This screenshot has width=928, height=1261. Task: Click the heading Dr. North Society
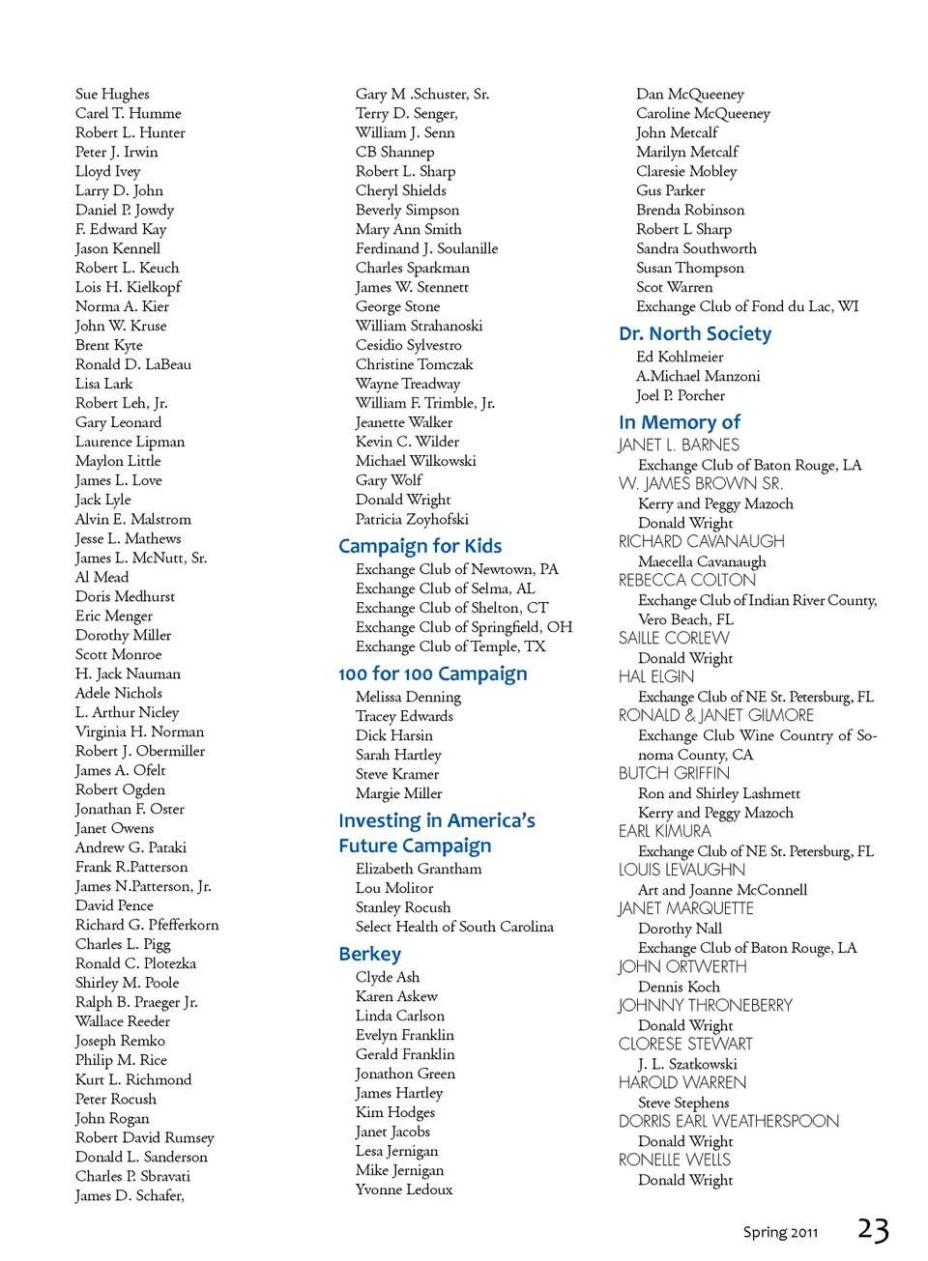coord(695,333)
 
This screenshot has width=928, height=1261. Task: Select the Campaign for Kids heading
coord(420,546)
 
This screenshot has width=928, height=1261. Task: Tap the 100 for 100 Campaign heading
coord(432,673)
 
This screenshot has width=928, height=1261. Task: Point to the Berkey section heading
coord(369,954)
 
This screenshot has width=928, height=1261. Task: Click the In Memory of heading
coord(679,422)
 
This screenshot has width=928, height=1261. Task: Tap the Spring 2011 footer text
coord(780,1232)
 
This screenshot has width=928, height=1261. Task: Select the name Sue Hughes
coord(112,94)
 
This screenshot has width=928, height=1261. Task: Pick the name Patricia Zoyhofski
coord(412,519)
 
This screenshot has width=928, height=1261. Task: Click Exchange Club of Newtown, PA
coord(456,569)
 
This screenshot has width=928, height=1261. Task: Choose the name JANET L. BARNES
coord(679,444)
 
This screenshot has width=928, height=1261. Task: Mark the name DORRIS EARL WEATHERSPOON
coord(728,1121)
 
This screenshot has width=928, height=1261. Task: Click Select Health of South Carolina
coord(454,927)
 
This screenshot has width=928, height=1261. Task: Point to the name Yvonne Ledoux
coord(404,1189)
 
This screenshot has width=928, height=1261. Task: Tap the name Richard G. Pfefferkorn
coord(147,925)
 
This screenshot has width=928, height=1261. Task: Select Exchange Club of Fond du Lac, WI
coord(746,306)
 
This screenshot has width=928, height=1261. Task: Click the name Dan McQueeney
coord(689,94)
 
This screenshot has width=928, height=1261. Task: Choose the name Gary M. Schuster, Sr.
coord(421,94)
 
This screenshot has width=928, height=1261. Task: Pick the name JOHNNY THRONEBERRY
coord(705,1005)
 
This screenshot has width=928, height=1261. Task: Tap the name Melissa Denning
coord(408,697)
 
